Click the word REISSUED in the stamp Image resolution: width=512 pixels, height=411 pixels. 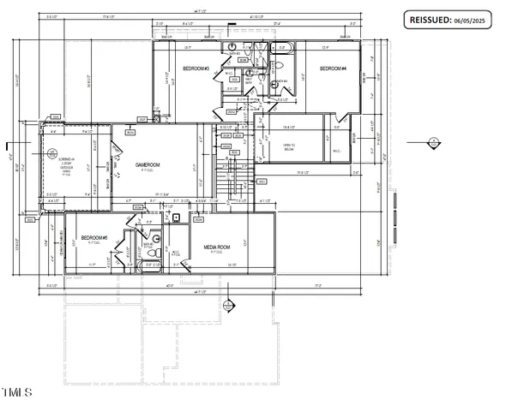pos(431,20)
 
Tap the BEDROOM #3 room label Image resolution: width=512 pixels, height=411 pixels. pos(196,68)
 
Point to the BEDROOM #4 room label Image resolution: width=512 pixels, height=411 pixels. pos(333,68)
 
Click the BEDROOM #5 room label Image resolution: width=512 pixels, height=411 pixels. pos(93,238)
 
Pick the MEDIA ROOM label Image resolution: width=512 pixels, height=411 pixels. pos(217,247)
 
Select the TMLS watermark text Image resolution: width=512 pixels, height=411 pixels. pos(16,392)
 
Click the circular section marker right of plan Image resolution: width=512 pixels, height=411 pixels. pos(434,143)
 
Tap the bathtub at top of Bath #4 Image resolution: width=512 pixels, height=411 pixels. pos(282,49)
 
